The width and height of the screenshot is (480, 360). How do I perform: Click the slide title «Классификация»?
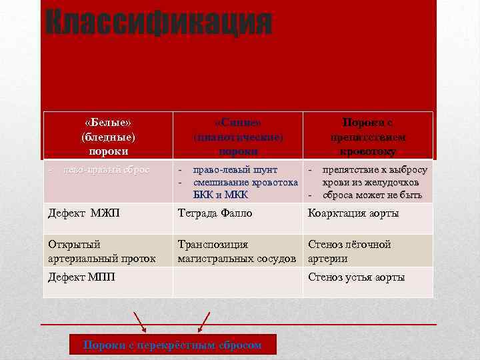tap(159, 24)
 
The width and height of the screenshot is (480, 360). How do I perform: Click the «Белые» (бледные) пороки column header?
tap(108, 136)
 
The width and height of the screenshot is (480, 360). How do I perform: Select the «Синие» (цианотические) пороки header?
tap(238, 136)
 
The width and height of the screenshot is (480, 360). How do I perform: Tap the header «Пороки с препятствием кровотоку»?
tap(367, 136)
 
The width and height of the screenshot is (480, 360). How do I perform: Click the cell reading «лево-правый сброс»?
tap(106, 170)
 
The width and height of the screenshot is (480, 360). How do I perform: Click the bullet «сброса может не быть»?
tap(371, 195)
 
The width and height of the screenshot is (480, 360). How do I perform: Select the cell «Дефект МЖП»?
tap(77, 213)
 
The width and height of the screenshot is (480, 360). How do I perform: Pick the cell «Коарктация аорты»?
tap(353, 213)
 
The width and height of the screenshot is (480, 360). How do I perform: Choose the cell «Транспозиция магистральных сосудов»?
tap(236, 251)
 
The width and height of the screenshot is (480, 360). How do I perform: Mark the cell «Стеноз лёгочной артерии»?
tap(349, 251)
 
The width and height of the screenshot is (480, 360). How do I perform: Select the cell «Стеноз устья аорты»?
tap(356, 277)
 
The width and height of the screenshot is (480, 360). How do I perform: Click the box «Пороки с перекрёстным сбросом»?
tap(172, 345)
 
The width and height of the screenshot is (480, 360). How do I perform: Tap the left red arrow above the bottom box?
tap(140, 321)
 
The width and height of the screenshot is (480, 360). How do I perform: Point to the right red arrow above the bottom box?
tap(203, 321)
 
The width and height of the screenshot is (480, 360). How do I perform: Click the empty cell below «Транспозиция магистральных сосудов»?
tap(238, 282)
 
